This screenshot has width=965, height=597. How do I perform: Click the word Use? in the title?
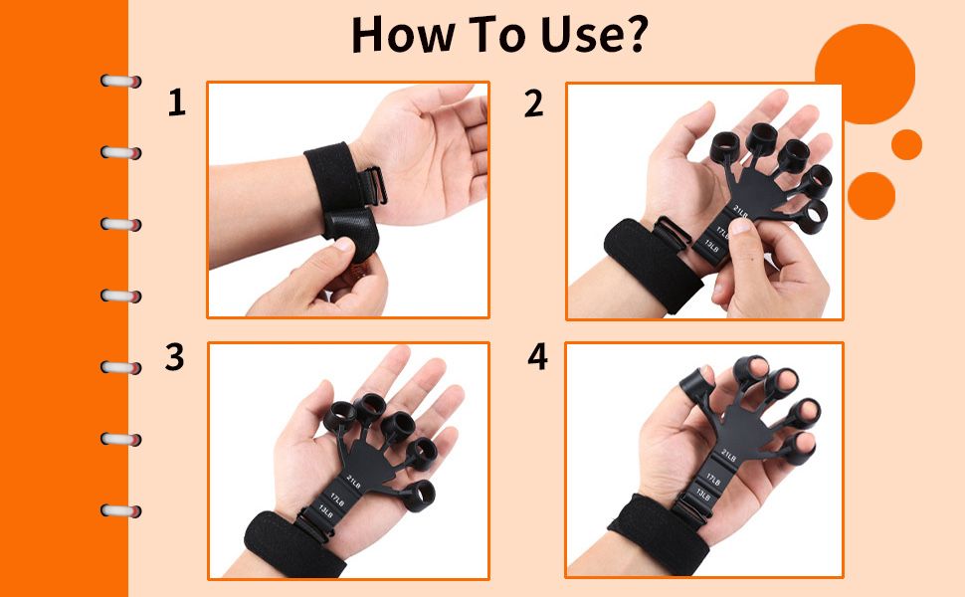click(x=594, y=34)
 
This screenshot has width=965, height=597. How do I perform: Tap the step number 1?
click(x=177, y=102)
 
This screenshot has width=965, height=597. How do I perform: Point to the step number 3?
click(x=174, y=356)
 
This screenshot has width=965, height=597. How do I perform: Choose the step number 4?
click(x=537, y=356)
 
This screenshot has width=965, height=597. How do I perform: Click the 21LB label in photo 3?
click(x=354, y=482)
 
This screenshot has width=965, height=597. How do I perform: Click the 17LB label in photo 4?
click(x=712, y=479)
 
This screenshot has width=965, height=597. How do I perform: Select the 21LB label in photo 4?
click(x=728, y=456)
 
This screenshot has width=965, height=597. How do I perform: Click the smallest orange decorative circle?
click(x=906, y=144)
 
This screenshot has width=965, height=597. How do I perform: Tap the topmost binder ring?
click(x=121, y=82)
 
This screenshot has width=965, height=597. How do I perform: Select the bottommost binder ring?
click(x=121, y=510)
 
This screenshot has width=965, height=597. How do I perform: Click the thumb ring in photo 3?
click(x=419, y=497)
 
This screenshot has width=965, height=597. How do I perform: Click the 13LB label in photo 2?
click(x=712, y=245)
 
